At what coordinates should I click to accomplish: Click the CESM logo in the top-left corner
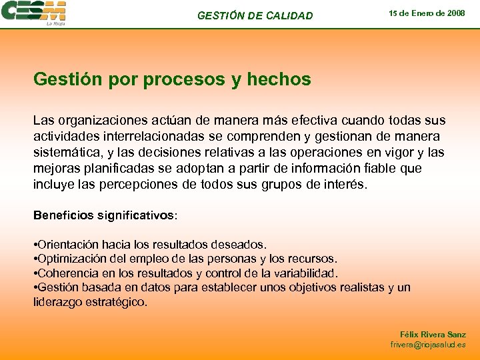34,13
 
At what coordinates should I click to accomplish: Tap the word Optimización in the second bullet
74,259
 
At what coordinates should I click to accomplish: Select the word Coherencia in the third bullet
69,273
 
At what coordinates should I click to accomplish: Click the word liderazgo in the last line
58,302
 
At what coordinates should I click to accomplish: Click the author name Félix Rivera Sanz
433,335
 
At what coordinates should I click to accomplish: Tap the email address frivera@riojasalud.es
428,345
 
